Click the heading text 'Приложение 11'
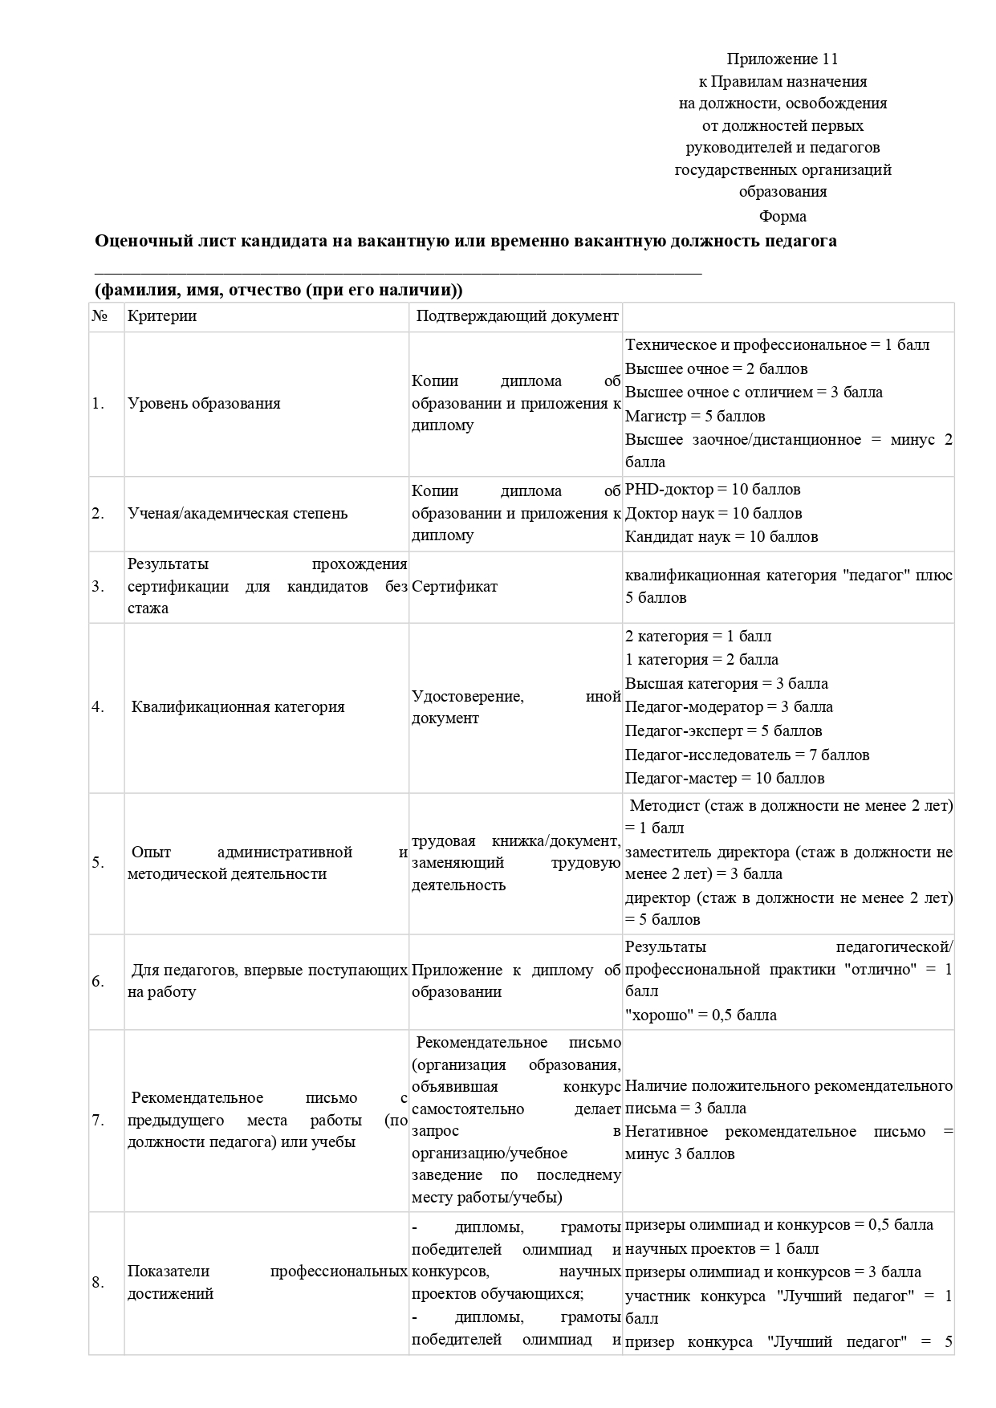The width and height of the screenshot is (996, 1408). click(x=783, y=59)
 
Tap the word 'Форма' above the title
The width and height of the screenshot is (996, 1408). click(x=783, y=216)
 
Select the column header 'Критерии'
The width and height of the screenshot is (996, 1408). click(x=162, y=316)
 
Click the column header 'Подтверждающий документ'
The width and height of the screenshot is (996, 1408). click(x=517, y=316)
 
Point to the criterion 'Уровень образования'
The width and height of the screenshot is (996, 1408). click(x=204, y=404)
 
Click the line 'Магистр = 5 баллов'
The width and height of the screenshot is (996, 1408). click(x=695, y=417)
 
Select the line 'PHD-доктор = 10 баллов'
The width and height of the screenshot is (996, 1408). click(x=713, y=490)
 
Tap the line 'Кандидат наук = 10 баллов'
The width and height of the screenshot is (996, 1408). click(x=722, y=537)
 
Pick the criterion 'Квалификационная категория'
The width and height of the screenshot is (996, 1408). click(x=238, y=707)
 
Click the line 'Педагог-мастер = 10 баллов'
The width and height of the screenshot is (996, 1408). click(x=725, y=779)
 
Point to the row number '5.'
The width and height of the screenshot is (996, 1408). click(x=98, y=863)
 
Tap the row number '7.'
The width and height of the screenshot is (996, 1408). click(x=98, y=1121)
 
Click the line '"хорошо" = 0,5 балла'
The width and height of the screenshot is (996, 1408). click(x=701, y=1015)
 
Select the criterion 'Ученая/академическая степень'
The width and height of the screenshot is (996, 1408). click(x=238, y=514)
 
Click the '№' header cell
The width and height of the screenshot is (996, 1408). click(x=100, y=316)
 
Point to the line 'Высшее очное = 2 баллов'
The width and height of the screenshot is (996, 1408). click(x=716, y=369)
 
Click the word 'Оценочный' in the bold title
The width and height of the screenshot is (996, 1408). click(x=136, y=241)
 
